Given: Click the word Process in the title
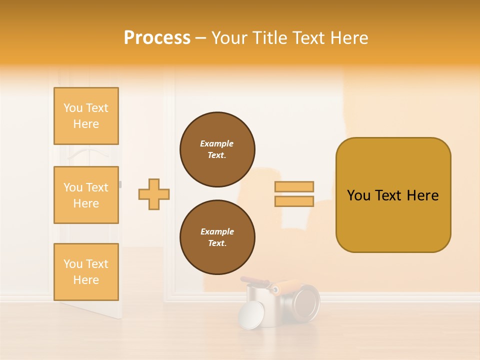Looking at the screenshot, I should tap(157, 38).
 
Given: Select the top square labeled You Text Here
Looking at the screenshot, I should tap(86, 116).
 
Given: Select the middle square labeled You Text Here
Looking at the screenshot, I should tap(86, 195).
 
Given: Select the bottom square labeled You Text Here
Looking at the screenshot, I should tap(86, 272).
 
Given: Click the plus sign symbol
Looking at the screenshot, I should tap(154, 194).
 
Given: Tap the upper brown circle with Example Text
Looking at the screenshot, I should tap(217, 149).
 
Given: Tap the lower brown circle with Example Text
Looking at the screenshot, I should tap(217, 237).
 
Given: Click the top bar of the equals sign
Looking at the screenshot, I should tap(294, 187).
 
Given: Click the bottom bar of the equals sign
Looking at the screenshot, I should tap(294, 201).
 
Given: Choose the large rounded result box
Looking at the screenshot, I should tap(393, 195).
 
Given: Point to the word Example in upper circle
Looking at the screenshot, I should tap(217, 143).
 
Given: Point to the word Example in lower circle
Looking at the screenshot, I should tap(217, 231).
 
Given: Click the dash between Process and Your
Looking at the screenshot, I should tap(201, 38).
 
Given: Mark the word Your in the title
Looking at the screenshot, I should tap(229, 38).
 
